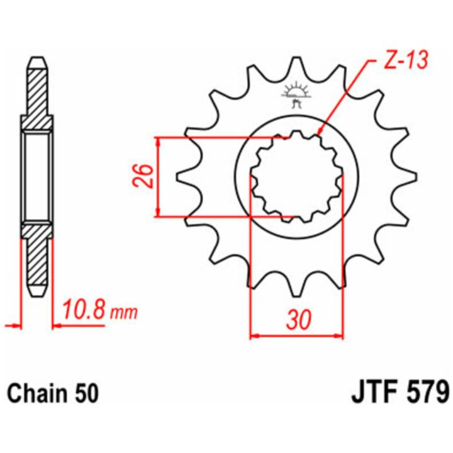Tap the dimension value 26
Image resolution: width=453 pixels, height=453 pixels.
143,176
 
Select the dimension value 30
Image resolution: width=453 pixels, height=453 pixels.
299,320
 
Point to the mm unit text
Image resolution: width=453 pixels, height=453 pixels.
125,313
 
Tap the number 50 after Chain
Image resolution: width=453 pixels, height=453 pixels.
87,393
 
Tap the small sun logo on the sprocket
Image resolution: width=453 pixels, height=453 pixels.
296,94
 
